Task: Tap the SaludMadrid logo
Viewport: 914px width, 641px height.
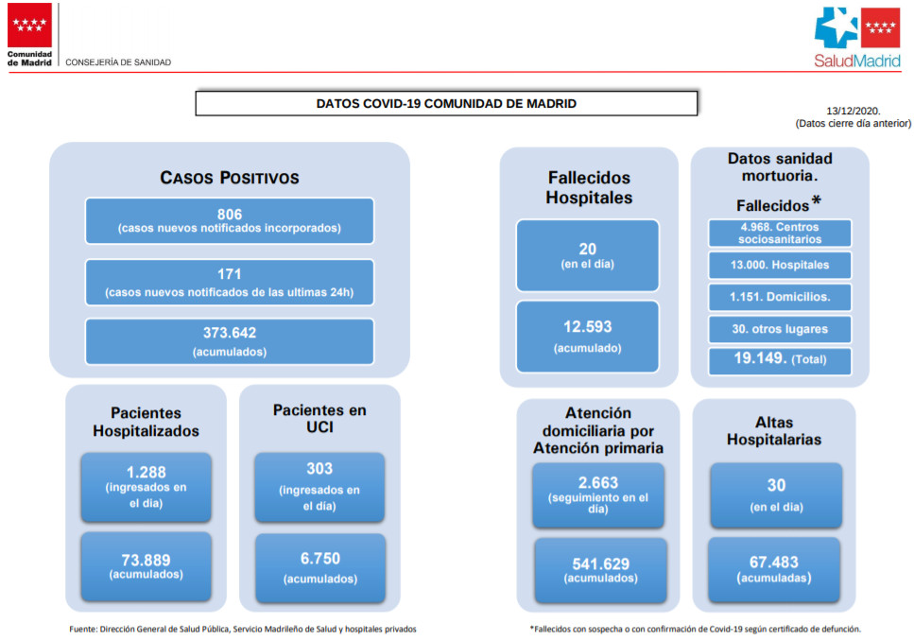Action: (x=857, y=37)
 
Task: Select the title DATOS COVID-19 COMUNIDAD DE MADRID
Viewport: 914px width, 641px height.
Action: (x=446, y=104)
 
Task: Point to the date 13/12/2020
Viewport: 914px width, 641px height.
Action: (x=853, y=111)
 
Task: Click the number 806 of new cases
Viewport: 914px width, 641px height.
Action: (x=230, y=214)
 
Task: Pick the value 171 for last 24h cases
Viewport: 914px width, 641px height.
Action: (x=230, y=274)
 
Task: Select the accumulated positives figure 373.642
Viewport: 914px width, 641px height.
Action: (x=230, y=333)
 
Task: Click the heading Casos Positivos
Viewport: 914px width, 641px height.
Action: (x=230, y=178)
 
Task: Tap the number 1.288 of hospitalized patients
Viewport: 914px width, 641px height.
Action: (x=147, y=472)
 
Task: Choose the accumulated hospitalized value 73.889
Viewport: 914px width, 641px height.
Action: (x=146, y=560)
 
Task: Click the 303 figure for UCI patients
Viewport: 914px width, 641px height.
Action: (x=319, y=468)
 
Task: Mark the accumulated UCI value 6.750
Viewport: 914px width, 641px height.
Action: (x=320, y=558)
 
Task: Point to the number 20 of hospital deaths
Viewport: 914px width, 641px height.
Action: (x=588, y=249)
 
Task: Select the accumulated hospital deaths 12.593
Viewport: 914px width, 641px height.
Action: (x=588, y=326)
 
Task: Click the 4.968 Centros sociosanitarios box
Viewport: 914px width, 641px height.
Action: (x=780, y=233)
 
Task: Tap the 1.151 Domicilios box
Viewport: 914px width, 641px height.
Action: (x=780, y=297)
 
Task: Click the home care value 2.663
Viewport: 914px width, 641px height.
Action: (x=598, y=482)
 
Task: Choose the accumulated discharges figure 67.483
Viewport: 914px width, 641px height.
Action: (x=773, y=562)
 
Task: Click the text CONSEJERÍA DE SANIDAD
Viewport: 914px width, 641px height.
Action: (x=118, y=62)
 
